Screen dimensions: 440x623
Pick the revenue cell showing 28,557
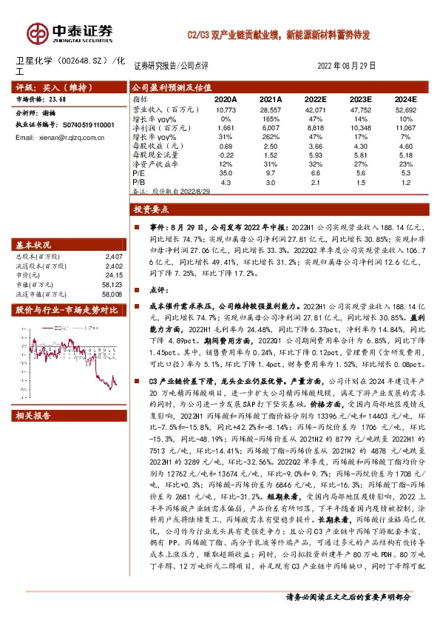[x=271, y=108]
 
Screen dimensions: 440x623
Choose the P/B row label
[x=138, y=181]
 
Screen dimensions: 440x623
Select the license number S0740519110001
[x=78, y=126]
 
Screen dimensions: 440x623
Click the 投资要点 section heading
[x=153, y=211]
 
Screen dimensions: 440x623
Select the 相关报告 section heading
[x=33, y=416]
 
